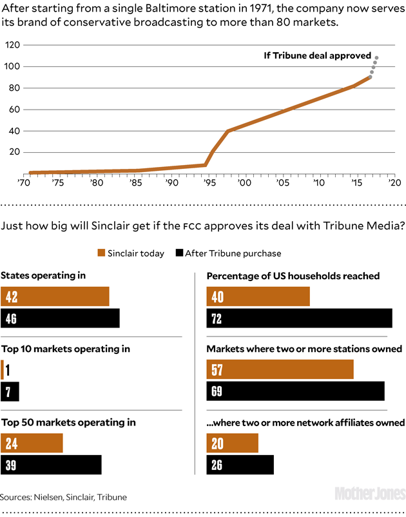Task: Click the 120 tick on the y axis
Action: (x=12, y=45)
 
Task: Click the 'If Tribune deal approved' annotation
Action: (x=317, y=55)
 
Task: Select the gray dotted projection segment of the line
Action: (x=374, y=66)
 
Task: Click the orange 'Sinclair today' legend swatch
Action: (x=101, y=253)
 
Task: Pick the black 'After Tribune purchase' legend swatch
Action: (x=179, y=253)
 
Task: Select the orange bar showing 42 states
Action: (x=55, y=297)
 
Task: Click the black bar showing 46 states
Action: (x=60, y=318)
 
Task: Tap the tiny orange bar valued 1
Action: (x=3, y=369)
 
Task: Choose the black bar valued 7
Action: (x=10, y=391)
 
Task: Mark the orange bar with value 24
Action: (x=32, y=443)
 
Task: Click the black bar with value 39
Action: (x=52, y=465)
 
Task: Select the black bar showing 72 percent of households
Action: (x=299, y=318)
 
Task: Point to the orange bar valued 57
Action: (x=280, y=369)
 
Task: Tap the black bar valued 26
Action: (x=240, y=465)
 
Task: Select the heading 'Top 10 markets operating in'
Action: (x=66, y=349)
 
